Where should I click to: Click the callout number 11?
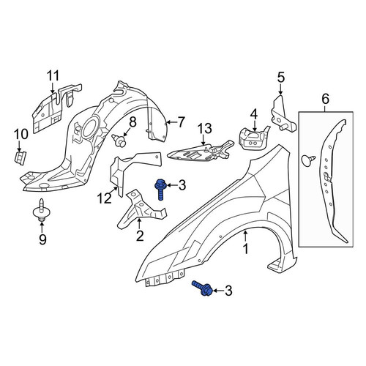coord(53,75)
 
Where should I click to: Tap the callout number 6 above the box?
coord(326,99)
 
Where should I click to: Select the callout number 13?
coord(205,128)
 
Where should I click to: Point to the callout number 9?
coord(42,239)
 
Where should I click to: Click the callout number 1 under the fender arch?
coord(246,249)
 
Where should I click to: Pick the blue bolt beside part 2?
coord(160,189)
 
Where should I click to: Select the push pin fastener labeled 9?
coord(41,210)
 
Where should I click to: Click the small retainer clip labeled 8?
coord(119,141)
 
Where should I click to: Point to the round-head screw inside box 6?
coord(309,160)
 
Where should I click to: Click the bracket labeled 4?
coord(254,139)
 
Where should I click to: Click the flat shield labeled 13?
coord(200,152)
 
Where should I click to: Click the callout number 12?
coord(105,198)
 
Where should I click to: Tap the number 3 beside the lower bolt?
coord(228,291)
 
